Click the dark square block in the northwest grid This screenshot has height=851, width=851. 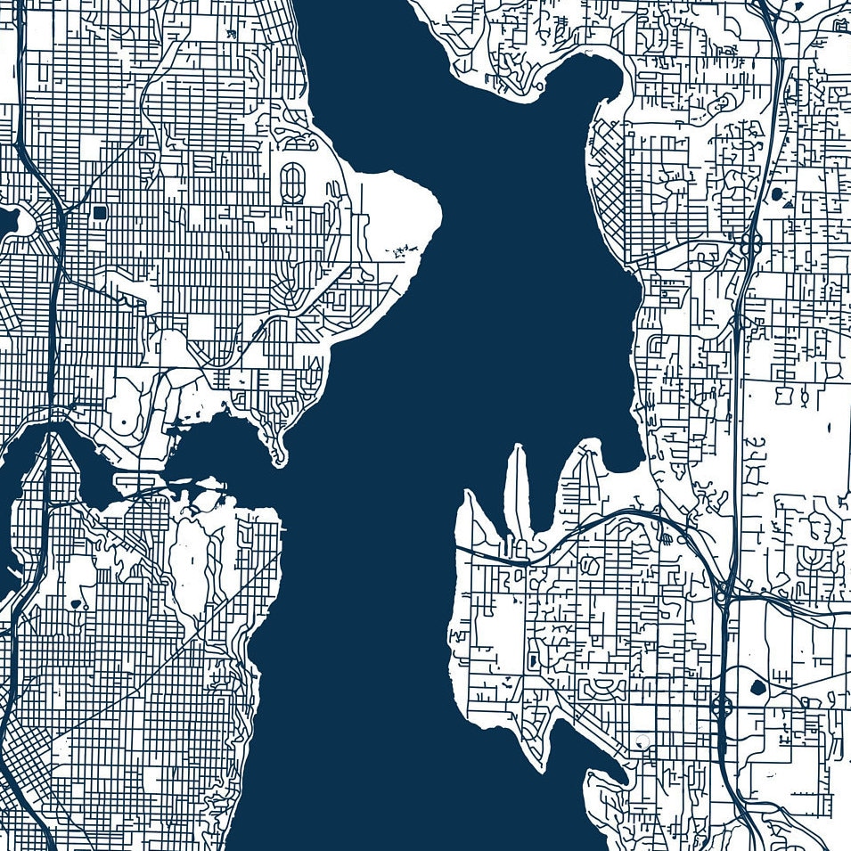click(x=99, y=212)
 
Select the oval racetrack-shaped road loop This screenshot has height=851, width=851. click(x=291, y=182)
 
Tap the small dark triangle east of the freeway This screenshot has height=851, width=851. click(x=789, y=204)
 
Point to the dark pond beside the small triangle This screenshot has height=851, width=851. click(x=776, y=192)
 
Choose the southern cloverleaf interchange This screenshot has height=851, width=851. click(x=721, y=707)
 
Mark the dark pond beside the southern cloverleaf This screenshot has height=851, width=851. click(x=758, y=687)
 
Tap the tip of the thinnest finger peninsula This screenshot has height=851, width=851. click(x=518, y=450)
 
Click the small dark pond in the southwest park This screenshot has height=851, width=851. click(x=74, y=603)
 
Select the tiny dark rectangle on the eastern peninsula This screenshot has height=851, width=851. click(x=533, y=661)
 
